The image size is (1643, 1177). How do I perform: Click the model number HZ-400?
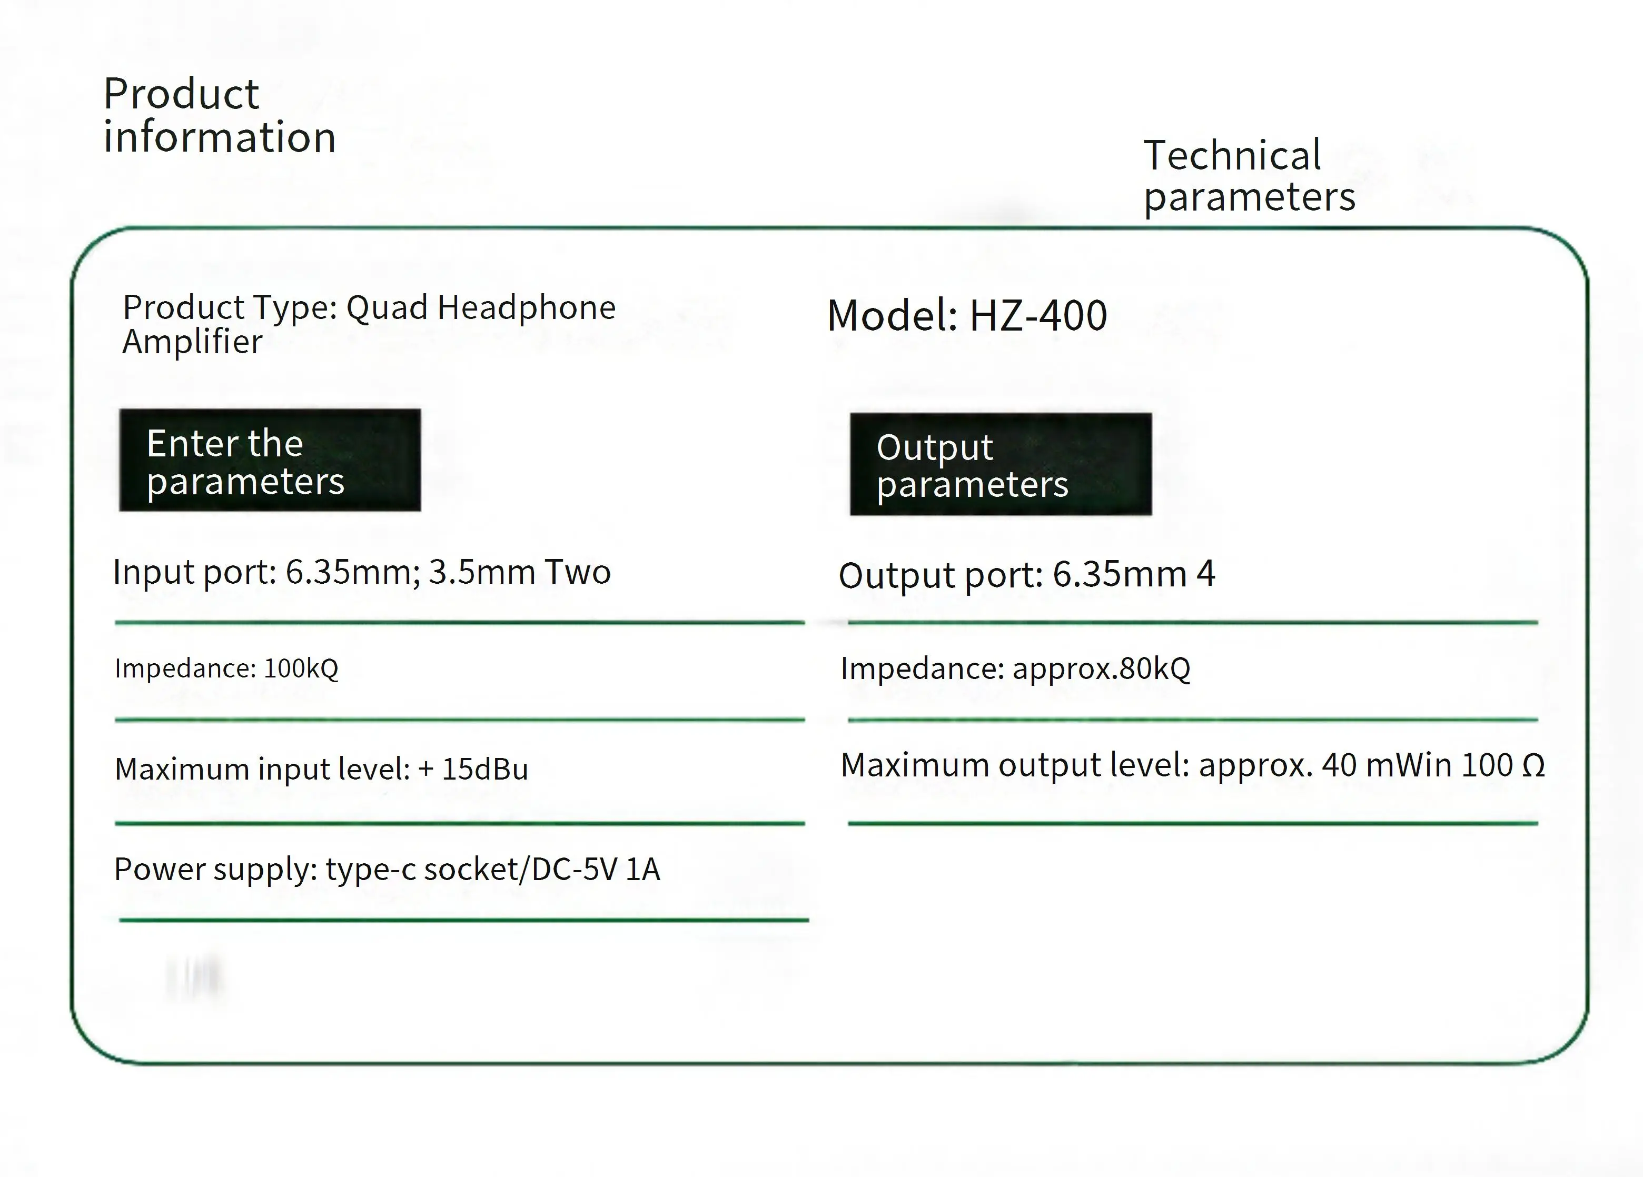pyautogui.click(x=1037, y=316)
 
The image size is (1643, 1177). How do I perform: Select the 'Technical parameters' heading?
pyautogui.click(x=1248, y=176)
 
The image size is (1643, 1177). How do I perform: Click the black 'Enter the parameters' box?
pyautogui.click(x=270, y=461)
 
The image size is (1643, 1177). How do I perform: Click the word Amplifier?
pyautogui.click(x=192, y=342)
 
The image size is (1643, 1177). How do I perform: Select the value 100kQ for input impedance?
pyautogui.click(x=301, y=668)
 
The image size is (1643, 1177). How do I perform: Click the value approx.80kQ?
pyautogui.click(x=1101, y=668)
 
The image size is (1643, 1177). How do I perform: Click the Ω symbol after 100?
pyautogui.click(x=1533, y=765)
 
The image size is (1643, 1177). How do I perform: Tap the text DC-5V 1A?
pyautogui.click(x=596, y=869)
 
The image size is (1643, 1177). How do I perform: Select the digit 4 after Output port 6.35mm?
pyautogui.click(x=1205, y=574)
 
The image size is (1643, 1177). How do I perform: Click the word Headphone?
pyautogui.click(x=526, y=308)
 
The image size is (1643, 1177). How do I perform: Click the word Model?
pyautogui.click(x=892, y=316)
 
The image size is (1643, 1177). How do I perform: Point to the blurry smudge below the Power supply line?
pyautogui.click(x=193, y=978)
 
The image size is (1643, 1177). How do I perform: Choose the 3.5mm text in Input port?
pyautogui.click(x=481, y=572)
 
